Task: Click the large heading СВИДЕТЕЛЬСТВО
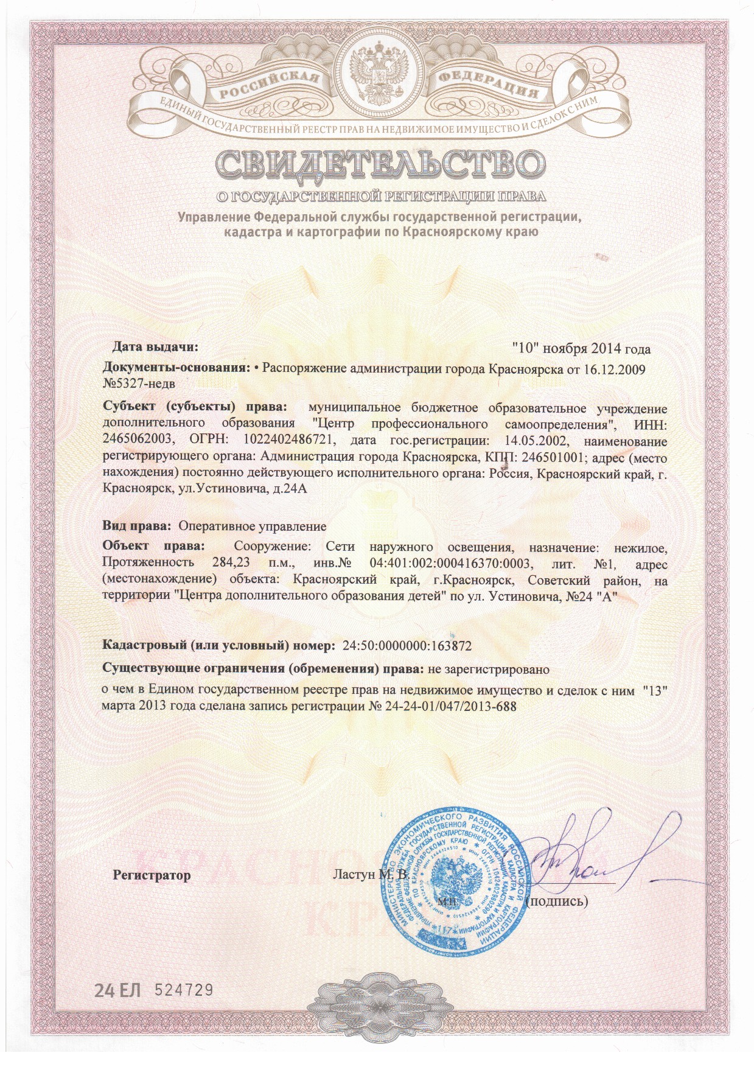(377, 166)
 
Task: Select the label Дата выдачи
(155, 348)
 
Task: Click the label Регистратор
(152, 876)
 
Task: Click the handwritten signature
(584, 852)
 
